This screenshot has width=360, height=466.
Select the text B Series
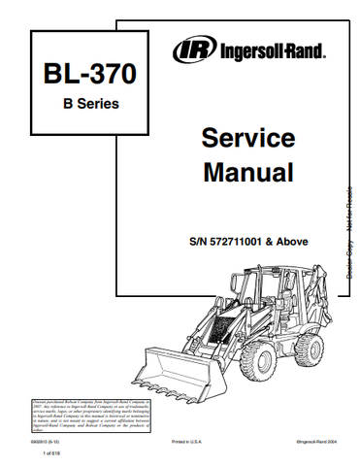(x=75, y=105)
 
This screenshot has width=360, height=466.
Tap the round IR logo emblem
(x=188, y=48)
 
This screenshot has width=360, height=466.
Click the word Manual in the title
(x=234, y=174)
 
